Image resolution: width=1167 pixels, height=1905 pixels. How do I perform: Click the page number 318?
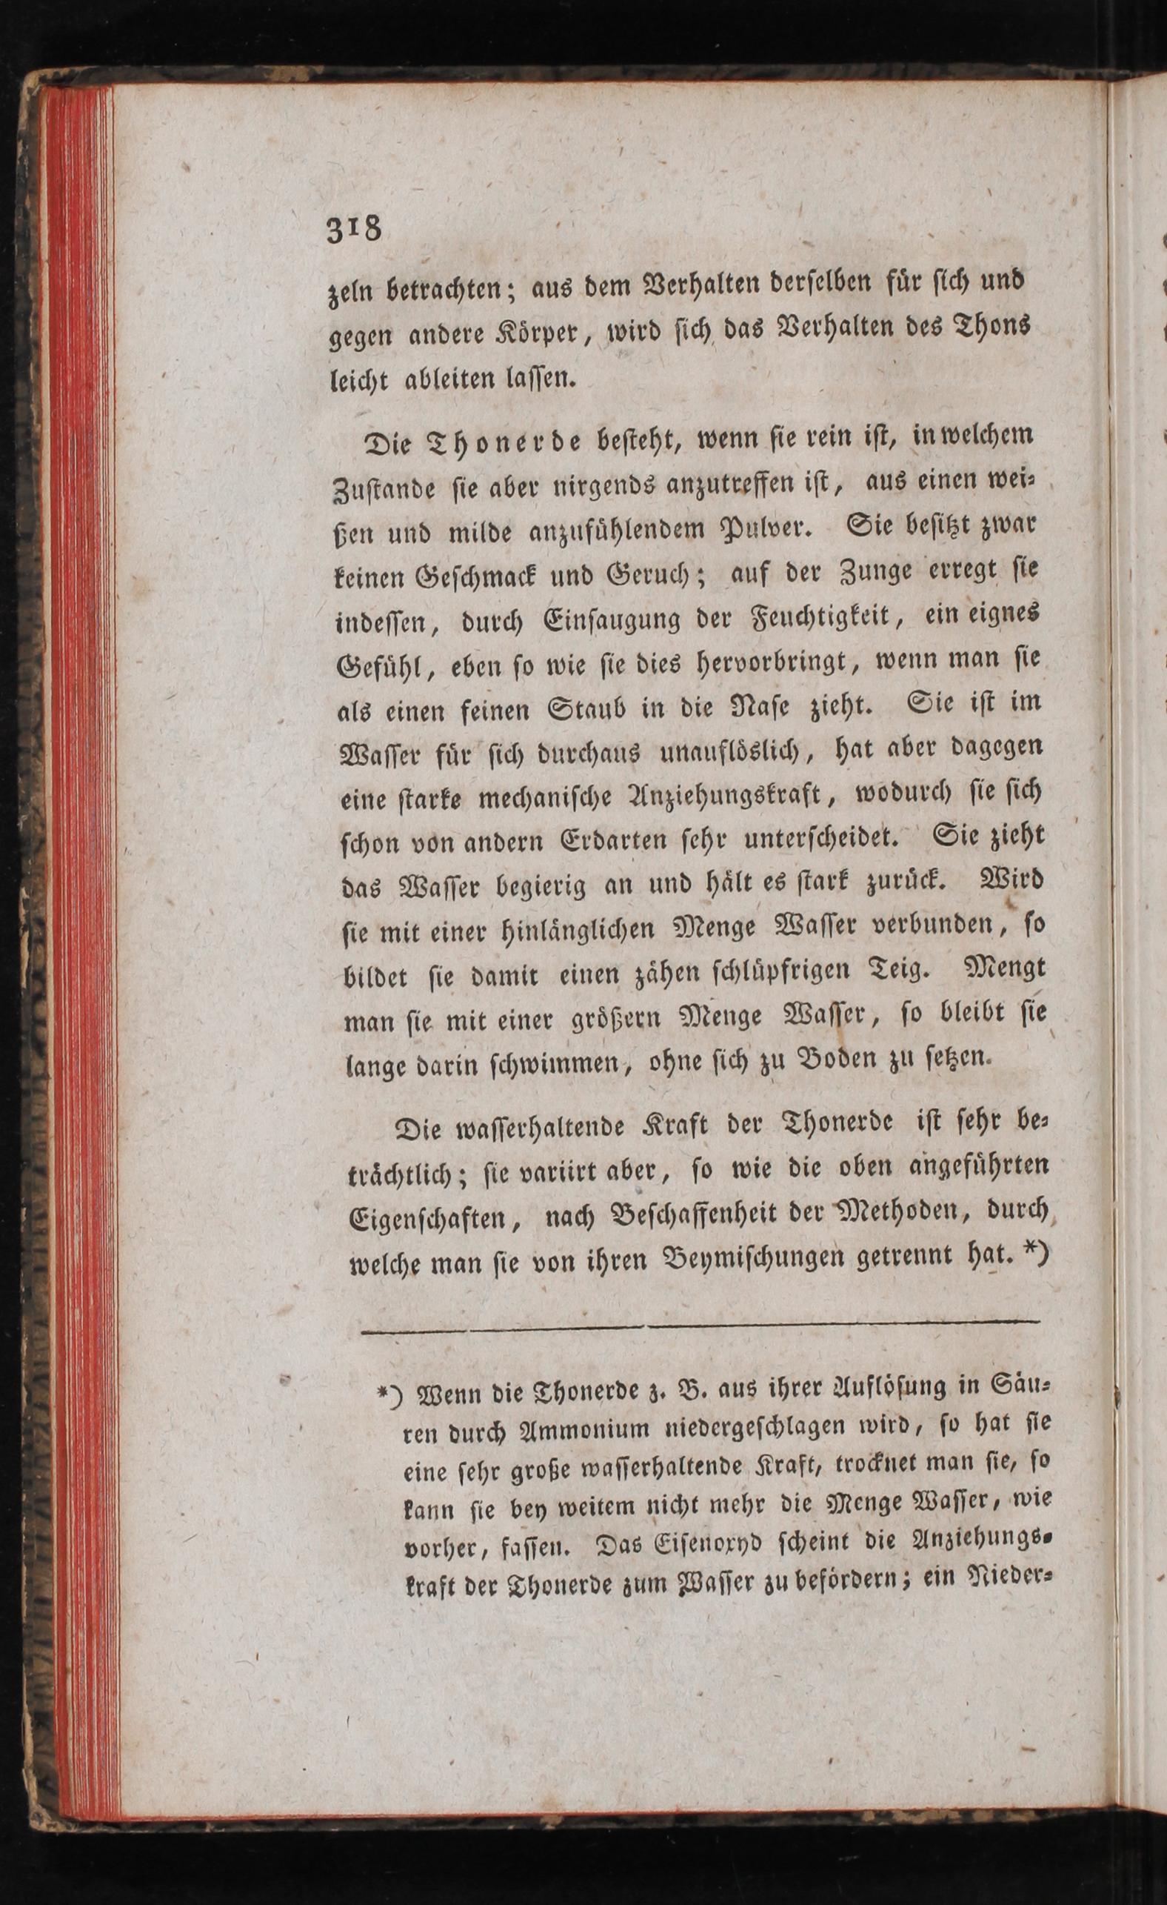(355, 229)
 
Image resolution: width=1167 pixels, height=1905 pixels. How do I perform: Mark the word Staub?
(585, 708)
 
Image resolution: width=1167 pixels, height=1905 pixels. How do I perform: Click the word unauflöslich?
(728, 752)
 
